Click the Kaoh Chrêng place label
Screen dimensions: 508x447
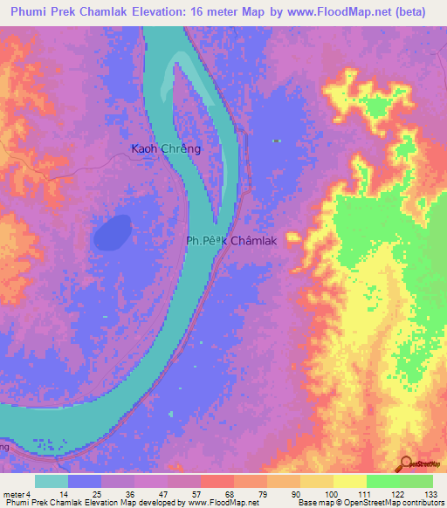click(166, 148)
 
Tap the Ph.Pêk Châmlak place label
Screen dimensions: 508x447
click(231, 241)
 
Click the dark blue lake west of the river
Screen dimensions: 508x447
click(111, 232)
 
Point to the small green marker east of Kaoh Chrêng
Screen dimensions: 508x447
click(277, 141)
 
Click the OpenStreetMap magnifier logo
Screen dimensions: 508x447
click(407, 464)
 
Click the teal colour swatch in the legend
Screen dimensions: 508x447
click(51, 481)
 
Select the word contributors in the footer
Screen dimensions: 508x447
click(423, 503)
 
